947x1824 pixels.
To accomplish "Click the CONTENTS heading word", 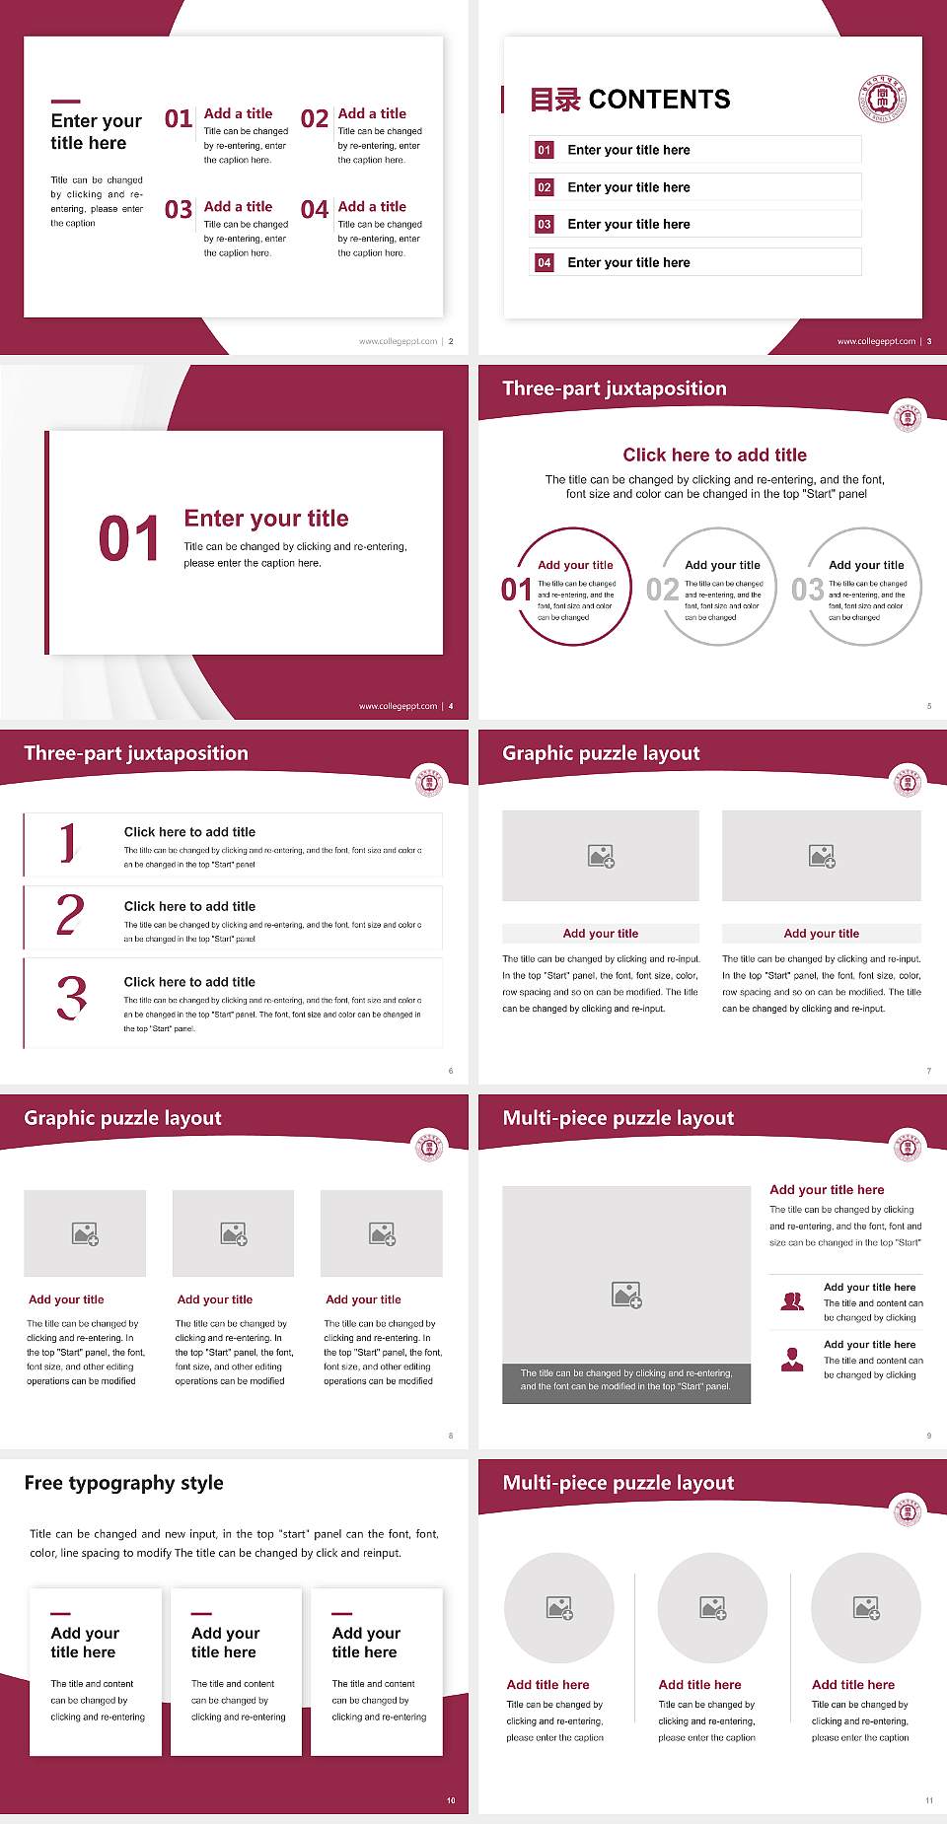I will point(659,100).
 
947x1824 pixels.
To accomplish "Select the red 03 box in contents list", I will point(545,225).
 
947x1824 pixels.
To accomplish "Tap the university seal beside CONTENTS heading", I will point(882,99).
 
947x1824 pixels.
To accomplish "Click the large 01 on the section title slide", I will point(128,539).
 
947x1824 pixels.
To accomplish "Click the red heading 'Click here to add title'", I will point(714,455).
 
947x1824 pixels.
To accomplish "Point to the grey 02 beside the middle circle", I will point(662,590).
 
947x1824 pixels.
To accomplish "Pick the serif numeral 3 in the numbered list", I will point(71,998).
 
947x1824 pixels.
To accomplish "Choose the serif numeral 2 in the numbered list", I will point(70,915).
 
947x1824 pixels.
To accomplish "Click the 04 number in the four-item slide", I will point(315,210).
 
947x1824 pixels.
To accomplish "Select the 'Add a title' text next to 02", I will point(372,113).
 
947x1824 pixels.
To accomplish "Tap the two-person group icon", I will point(792,1301).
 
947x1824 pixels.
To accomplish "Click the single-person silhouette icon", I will point(792,1360).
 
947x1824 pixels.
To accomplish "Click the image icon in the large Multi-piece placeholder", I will point(626,1295).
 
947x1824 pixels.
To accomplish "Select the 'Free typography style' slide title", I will point(123,1483).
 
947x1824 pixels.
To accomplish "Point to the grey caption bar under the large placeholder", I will point(626,1379).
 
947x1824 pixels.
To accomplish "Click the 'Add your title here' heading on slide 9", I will point(827,1190).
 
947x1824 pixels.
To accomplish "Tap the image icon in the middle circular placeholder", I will point(713,1608).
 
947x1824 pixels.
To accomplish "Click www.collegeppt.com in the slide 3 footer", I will point(876,341).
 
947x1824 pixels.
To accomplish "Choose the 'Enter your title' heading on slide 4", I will point(266,519).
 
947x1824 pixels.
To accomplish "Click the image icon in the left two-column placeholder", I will point(601,856).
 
